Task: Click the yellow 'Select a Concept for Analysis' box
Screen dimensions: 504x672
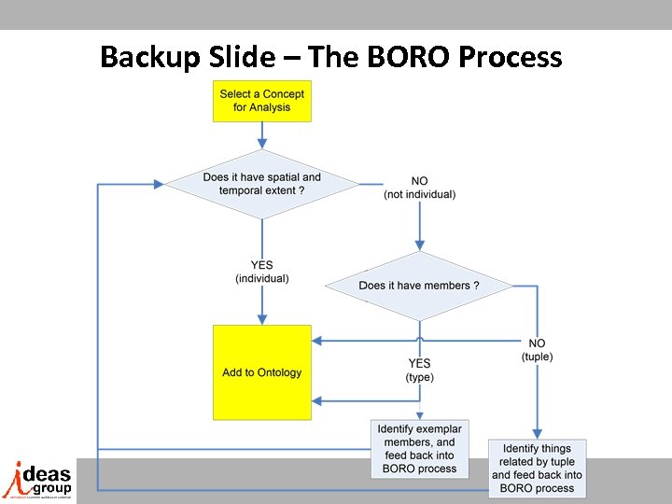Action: [x=261, y=101]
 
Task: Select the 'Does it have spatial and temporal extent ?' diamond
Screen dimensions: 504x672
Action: [x=261, y=184]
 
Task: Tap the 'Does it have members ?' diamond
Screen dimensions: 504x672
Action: [x=419, y=285]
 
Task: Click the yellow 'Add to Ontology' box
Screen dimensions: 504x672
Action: [x=261, y=372]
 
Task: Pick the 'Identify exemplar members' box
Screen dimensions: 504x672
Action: [x=419, y=449]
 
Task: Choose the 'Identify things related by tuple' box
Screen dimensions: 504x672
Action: [x=537, y=468]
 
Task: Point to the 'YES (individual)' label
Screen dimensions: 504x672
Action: [x=262, y=272]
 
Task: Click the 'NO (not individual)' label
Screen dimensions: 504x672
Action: [x=419, y=188]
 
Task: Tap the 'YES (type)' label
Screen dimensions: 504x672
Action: [x=419, y=371]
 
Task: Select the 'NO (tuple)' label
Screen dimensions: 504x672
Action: [x=537, y=350]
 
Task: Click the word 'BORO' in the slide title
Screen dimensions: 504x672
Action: [x=401, y=58]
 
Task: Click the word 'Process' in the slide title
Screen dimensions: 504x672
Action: [x=510, y=58]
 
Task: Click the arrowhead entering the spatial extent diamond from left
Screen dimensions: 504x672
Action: [x=161, y=184]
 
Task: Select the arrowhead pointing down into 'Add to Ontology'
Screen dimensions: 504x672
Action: [x=261, y=319]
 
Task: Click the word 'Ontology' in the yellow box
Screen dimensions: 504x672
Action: [x=280, y=372]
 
